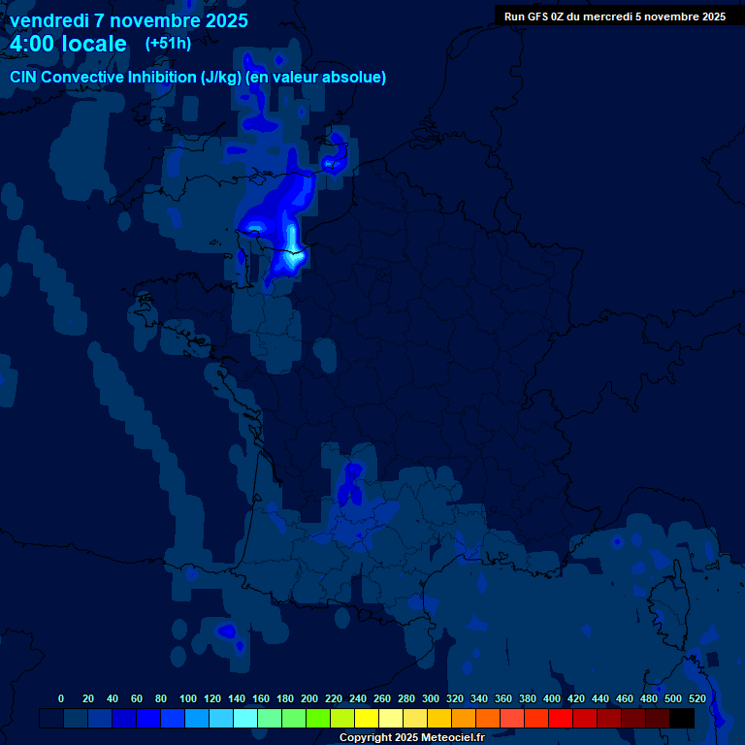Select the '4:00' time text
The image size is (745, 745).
coord(31,44)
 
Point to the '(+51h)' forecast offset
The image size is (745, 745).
coord(168,43)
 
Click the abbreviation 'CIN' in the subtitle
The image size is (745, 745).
coord(24,78)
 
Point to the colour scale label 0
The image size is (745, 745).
coord(61,698)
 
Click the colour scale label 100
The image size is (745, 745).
coord(187,698)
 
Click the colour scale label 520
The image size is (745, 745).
coord(696,698)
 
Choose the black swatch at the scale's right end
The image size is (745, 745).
coord(682,718)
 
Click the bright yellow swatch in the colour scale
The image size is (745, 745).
coord(367,718)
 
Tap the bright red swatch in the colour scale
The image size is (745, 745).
coord(561,718)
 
